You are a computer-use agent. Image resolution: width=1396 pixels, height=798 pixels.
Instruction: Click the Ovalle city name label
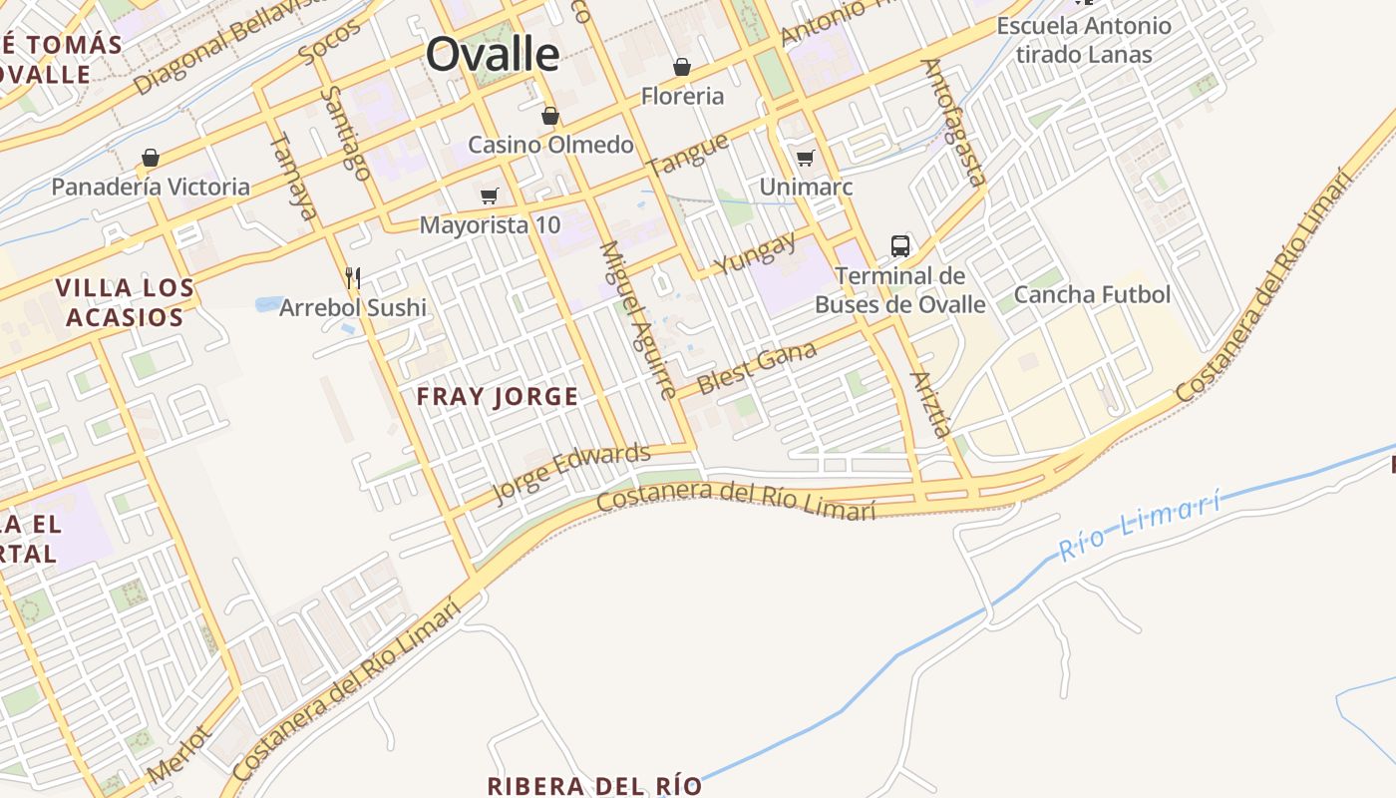(493, 54)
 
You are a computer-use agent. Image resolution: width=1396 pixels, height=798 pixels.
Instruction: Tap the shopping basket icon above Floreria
(682, 67)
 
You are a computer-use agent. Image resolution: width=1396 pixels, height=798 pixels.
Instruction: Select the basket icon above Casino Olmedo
(549, 116)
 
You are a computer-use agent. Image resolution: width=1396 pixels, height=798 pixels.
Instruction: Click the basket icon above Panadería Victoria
(151, 158)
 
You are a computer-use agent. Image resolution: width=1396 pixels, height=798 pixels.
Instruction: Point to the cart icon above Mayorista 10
(489, 196)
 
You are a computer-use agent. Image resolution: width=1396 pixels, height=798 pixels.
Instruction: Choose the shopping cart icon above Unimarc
(805, 158)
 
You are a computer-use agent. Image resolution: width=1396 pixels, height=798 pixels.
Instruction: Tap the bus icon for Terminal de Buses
(899, 245)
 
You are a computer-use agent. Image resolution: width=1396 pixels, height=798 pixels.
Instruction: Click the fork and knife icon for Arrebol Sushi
(352, 277)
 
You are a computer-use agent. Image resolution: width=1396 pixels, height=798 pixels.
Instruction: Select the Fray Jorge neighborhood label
(497, 397)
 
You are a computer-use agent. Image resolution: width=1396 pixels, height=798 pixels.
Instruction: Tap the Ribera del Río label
(594, 785)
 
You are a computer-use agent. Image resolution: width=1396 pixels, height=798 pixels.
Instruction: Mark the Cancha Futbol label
(1092, 294)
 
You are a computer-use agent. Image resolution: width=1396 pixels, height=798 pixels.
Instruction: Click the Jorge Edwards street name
(571, 474)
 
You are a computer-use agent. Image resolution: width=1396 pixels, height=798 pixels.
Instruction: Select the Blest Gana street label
(757, 367)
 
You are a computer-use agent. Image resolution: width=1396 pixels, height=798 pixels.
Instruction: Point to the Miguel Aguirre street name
(638, 319)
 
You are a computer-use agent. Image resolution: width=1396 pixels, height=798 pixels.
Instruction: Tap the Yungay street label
(756, 254)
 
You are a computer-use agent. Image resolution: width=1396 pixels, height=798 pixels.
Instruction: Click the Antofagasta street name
(953, 122)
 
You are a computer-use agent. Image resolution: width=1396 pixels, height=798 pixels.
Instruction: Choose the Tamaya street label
(294, 176)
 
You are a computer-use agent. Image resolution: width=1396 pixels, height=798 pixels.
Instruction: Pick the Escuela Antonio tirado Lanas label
(1084, 40)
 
